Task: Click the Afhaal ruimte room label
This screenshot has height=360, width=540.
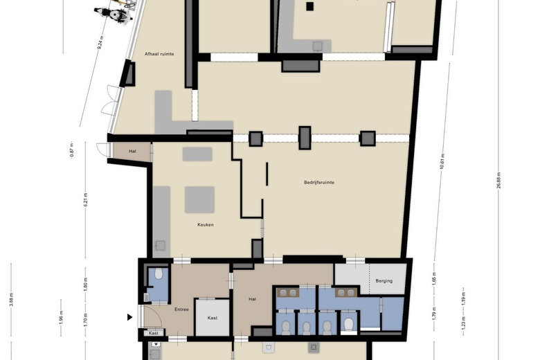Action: [159, 53]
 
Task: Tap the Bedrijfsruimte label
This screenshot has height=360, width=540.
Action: [319, 183]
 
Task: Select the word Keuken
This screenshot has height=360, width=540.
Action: [205, 225]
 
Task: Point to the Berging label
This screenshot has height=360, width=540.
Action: [384, 280]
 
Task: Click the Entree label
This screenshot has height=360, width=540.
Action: [181, 309]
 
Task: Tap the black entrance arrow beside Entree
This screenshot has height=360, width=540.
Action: [129, 318]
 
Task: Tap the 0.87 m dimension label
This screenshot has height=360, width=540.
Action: [71, 150]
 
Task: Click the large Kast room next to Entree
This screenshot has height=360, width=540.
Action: [212, 317]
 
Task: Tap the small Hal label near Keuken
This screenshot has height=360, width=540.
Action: [132, 151]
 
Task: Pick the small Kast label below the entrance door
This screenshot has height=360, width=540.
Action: [154, 333]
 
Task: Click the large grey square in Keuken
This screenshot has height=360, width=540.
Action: [199, 199]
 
